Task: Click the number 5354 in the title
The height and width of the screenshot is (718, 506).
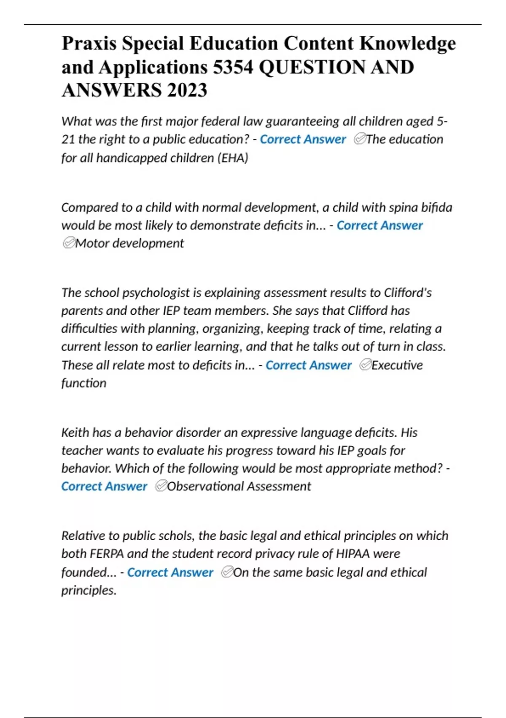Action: pos(233,67)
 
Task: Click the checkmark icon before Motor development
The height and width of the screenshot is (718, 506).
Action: pos(68,243)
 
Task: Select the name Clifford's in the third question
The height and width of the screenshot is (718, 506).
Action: pos(407,293)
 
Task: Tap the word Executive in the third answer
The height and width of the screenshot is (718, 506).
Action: pos(397,365)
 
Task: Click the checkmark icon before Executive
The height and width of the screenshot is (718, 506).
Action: pos(365,365)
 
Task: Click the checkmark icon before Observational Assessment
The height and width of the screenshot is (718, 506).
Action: pos(161,486)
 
